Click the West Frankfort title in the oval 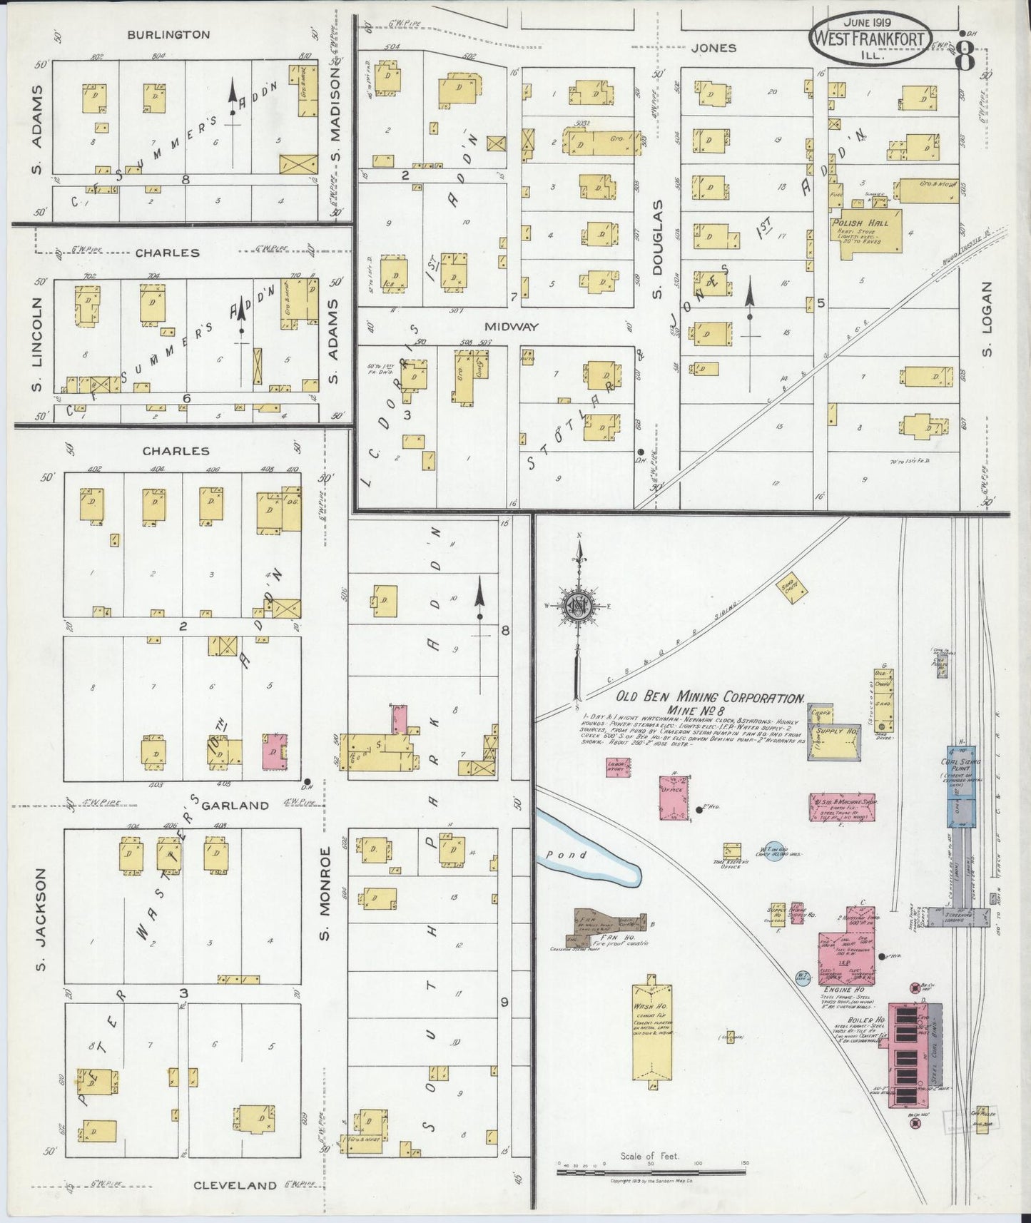(x=880, y=39)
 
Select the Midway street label (x=511, y=326)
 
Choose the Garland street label (x=235, y=806)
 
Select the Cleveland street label (x=235, y=1186)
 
